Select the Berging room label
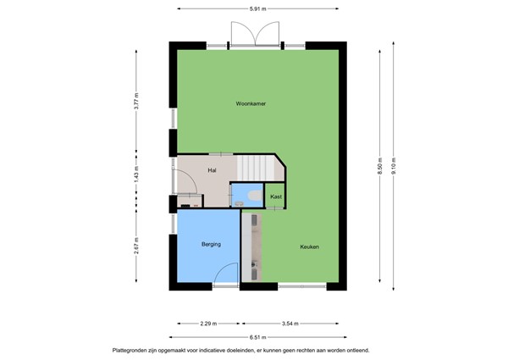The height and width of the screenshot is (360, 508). [211, 244]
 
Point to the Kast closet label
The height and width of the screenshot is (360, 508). [276, 197]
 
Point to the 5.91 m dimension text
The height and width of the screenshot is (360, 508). [258, 8]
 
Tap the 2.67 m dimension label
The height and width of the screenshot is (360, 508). [136, 251]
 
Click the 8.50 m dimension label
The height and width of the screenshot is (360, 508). [380, 164]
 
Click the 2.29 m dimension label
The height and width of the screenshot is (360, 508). [208, 323]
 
